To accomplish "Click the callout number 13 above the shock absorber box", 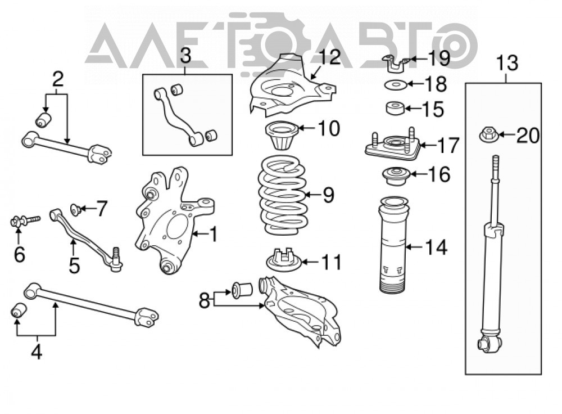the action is click(507, 63).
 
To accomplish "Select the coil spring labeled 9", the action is click(283, 195).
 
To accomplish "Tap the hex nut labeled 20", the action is click(488, 135).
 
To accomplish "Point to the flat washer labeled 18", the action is click(396, 85).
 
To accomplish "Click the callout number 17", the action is click(448, 145).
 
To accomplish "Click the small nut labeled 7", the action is click(75, 209).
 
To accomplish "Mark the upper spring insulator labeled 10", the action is click(282, 135).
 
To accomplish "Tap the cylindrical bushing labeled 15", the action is click(395, 109).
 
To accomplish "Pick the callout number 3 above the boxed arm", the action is click(185, 56).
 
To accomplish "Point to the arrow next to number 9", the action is click(313, 195).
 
